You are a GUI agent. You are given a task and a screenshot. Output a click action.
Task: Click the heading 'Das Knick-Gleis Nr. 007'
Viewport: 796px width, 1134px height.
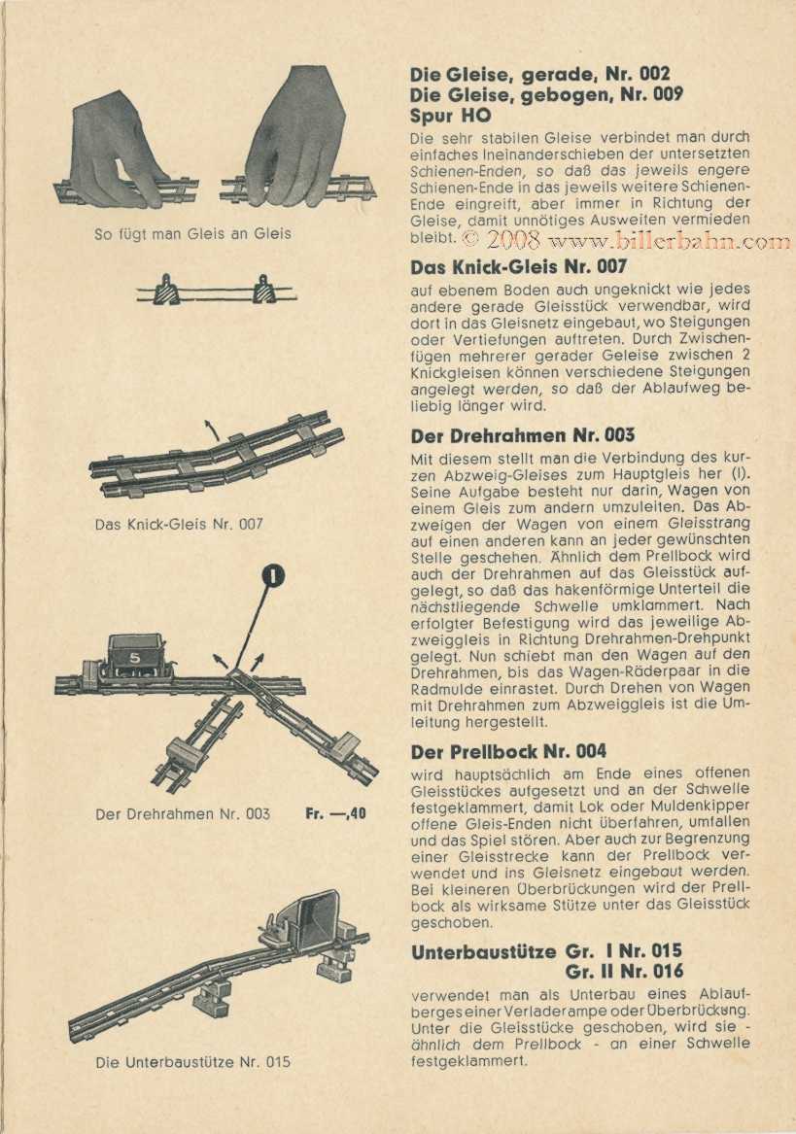[519, 266]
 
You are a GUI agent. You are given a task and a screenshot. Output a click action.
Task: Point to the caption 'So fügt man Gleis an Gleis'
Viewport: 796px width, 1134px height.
[192, 233]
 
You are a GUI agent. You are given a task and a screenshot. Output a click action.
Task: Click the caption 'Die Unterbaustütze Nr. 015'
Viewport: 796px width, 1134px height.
[193, 1061]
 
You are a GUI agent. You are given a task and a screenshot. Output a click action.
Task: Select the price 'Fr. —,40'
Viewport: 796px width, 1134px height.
[335, 813]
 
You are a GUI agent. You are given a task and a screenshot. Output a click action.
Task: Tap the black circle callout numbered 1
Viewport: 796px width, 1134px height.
[275, 576]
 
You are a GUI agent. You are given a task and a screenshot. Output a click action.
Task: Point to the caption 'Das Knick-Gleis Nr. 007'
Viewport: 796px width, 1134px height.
[180, 524]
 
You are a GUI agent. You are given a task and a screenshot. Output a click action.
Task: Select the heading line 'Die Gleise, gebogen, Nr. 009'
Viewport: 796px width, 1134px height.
[546, 94]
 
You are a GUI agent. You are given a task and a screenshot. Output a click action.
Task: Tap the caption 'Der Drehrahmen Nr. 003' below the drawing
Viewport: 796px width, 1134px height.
[183, 813]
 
